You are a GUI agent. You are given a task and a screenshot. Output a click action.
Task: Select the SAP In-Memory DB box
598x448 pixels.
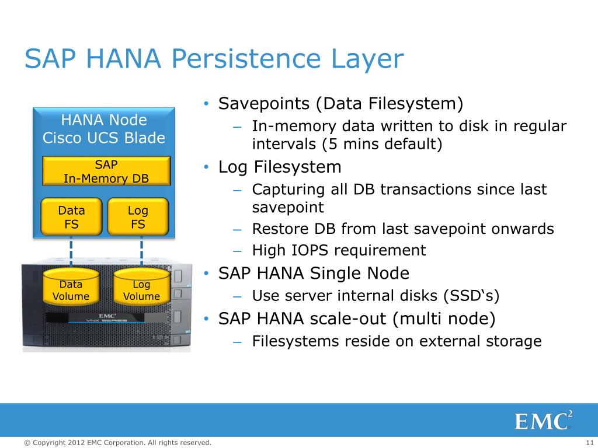click(106, 171)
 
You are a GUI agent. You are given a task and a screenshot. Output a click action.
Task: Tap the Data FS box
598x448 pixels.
click(71, 217)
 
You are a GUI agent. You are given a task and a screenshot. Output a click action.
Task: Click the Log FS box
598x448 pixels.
click(138, 217)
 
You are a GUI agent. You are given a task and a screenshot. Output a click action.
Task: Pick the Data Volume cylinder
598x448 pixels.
click(71, 288)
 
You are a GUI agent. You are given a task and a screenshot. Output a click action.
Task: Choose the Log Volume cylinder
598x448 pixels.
click(141, 288)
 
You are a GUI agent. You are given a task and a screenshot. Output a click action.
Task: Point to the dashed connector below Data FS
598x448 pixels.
click(71, 252)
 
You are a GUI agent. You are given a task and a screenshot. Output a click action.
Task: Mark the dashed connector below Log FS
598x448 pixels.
click(141, 252)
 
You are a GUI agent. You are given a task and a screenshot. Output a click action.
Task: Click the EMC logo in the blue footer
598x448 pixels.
click(543, 420)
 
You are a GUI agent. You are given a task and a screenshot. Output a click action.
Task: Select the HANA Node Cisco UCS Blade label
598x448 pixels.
click(104, 129)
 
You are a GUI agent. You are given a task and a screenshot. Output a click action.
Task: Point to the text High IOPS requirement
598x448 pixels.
click(339, 251)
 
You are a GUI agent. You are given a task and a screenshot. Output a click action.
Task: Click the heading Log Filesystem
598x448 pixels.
click(280, 167)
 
